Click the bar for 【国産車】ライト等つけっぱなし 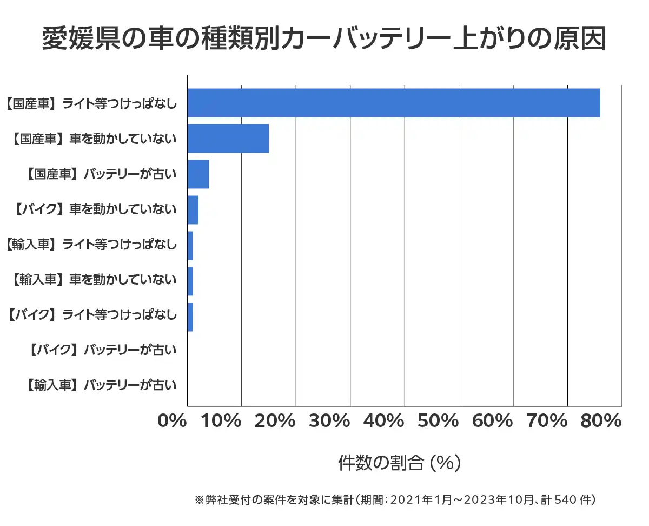[x=394, y=102]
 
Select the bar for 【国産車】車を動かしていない [x=228, y=139]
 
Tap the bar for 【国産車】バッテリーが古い [x=198, y=174]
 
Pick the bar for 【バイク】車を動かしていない [x=193, y=210]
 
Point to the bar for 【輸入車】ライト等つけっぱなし [x=190, y=246]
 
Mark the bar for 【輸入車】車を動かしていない [x=190, y=281]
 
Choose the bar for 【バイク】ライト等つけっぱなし [x=190, y=317]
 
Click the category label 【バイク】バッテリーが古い [x=102, y=350]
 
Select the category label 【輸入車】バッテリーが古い [x=102, y=386]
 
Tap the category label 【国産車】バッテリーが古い [x=102, y=174]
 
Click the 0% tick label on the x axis [x=172, y=421]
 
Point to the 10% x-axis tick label [x=221, y=421]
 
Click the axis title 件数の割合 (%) [x=399, y=463]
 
